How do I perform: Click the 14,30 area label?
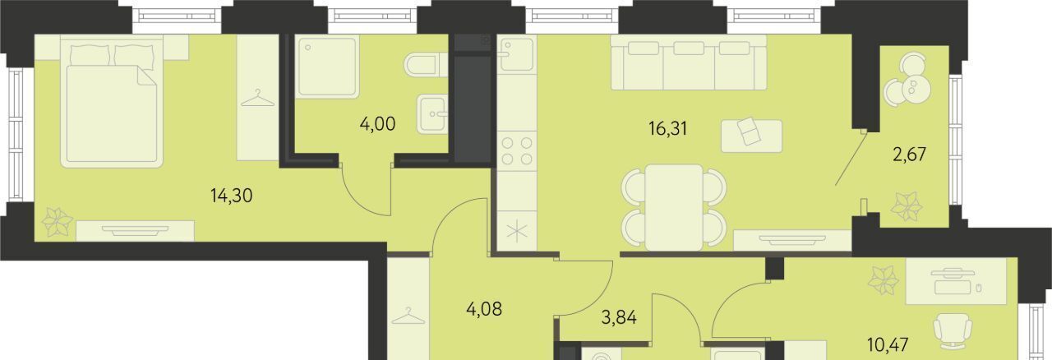click(x=232, y=196)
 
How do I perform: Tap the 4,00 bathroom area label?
click(x=377, y=125)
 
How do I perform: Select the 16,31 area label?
click(x=668, y=128)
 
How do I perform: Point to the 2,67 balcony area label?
click(x=909, y=155)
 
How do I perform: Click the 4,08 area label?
click(x=484, y=309)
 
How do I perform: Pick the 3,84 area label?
click(x=619, y=318)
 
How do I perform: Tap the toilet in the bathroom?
click(x=426, y=65)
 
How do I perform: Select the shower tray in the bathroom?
click(x=328, y=67)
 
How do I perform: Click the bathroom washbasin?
click(x=432, y=113)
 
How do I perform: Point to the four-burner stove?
click(x=517, y=150)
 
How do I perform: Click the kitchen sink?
click(x=517, y=54)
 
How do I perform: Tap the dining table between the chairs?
click(x=674, y=207)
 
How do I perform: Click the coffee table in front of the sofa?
click(x=751, y=136)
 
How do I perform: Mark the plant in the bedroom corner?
click(x=58, y=223)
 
